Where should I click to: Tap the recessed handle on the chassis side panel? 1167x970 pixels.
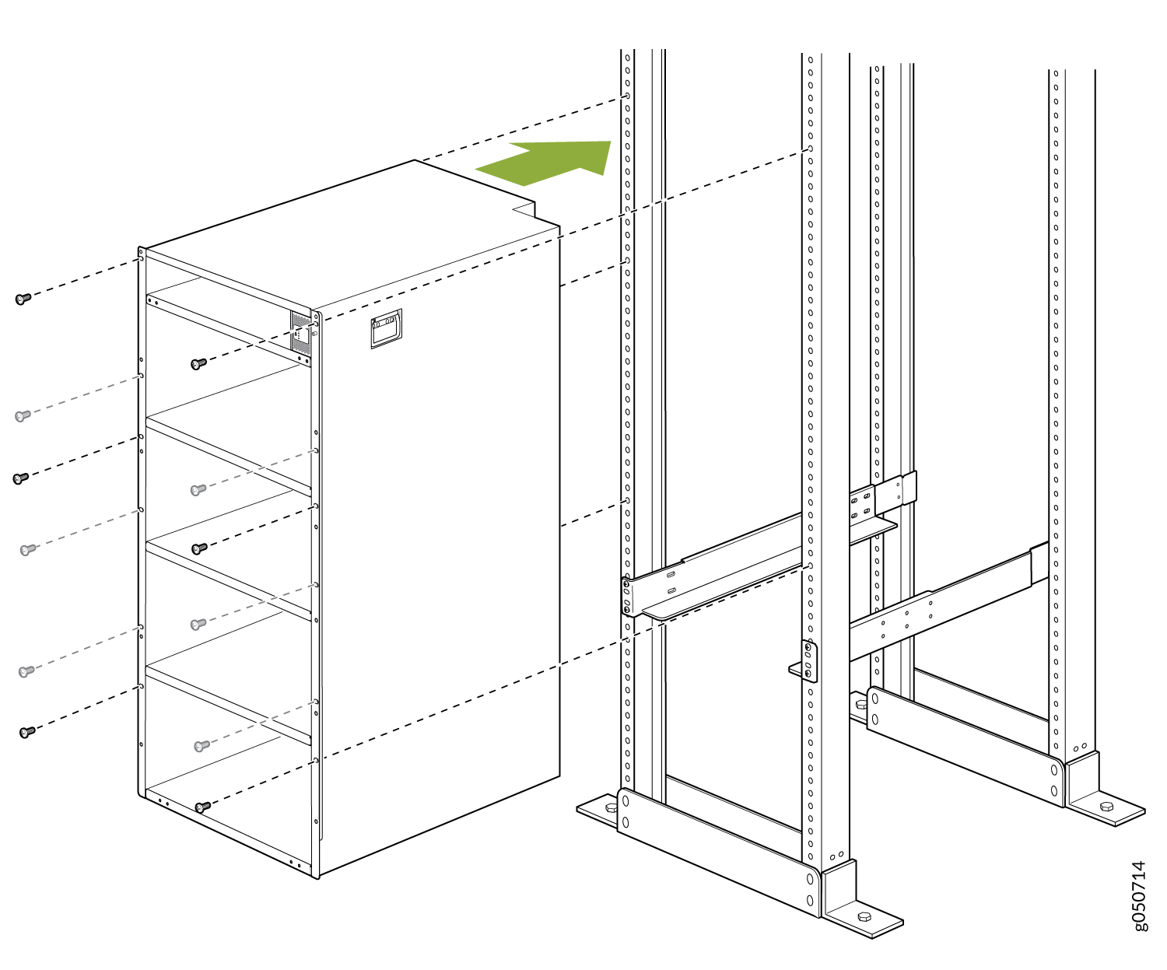point(386,328)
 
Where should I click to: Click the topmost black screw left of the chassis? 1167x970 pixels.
point(23,299)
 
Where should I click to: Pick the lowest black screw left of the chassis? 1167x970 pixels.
point(26,732)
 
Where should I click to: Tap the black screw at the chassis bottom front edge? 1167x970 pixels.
point(202,807)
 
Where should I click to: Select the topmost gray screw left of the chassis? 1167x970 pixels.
point(23,415)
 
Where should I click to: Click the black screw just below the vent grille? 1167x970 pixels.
point(198,364)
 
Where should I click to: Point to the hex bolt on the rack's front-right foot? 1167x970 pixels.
point(864,916)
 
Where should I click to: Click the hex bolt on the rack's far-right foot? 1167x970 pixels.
point(1106,807)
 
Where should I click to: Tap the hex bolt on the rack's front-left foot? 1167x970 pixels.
point(611,807)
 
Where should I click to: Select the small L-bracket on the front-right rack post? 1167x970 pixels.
point(804,662)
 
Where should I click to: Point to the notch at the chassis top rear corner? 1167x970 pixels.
point(524,210)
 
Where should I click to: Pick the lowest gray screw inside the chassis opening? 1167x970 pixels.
point(202,745)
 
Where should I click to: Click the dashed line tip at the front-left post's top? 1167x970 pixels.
point(628,96)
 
